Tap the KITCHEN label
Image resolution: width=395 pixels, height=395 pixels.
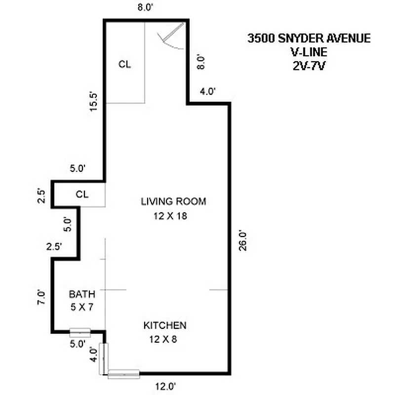pos(164,325)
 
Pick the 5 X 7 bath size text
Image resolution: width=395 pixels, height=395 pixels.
pos(81,307)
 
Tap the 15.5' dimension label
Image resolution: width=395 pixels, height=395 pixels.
pos(96,101)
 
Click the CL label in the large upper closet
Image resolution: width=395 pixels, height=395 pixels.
pos(124,64)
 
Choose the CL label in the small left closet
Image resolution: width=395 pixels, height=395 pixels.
pos(82,194)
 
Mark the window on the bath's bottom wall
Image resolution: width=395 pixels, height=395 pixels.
pos(79,332)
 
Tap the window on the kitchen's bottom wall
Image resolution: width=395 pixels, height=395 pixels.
pos(124,374)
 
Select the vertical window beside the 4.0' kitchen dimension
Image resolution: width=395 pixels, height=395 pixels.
pos(104,357)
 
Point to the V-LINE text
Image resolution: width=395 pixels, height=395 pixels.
pos(309,51)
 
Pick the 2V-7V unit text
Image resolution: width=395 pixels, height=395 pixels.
pos(309,64)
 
